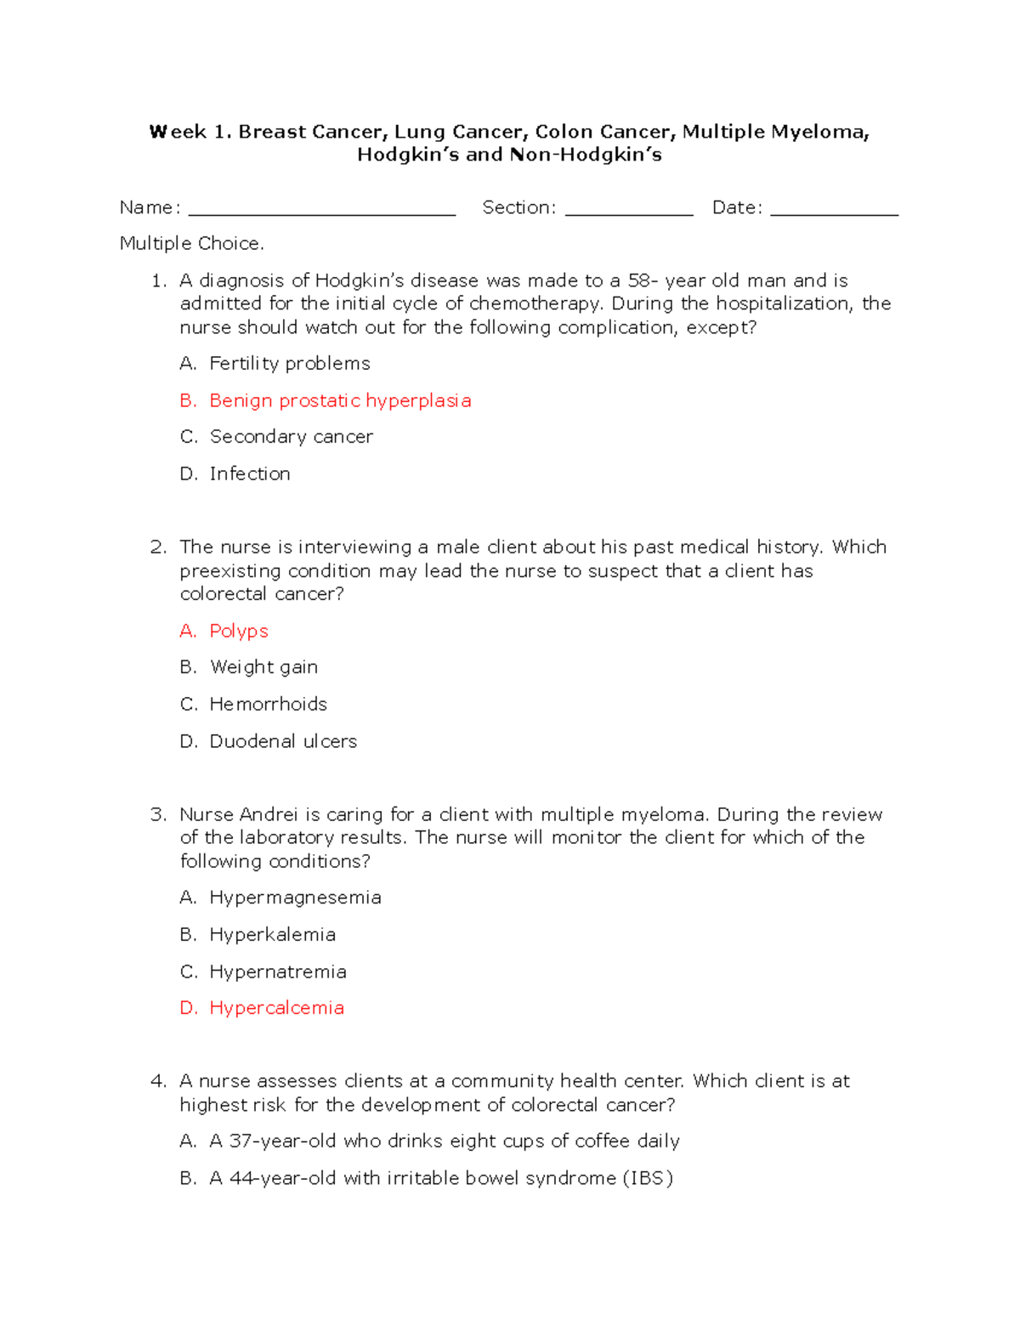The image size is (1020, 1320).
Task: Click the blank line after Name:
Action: [x=321, y=212]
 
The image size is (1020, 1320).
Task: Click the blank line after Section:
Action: [x=629, y=212]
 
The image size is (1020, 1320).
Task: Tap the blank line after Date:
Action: [x=834, y=212]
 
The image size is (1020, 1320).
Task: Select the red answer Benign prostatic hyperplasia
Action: [x=340, y=400]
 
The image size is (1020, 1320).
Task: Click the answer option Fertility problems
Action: [x=290, y=364]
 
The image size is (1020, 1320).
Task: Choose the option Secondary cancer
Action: [x=291, y=437]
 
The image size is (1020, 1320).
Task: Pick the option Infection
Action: [x=250, y=473]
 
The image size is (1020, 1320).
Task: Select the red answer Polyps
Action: [x=239, y=631]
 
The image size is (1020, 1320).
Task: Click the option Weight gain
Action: [x=263, y=667]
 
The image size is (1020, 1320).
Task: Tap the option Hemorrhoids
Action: [x=268, y=704]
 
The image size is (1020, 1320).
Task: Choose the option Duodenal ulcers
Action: [x=283, y=741]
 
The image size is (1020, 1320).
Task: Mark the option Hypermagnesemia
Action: [x=295, y=898]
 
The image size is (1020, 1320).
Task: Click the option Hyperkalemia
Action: [x=272, y=935]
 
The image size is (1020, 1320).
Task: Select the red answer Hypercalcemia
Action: [x=276, y=1008]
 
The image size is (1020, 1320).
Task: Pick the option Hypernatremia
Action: [x=278, y=972]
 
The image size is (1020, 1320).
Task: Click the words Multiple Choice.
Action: [x=191, y=244]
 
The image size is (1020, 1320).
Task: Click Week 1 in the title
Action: [x=188, y=132]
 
